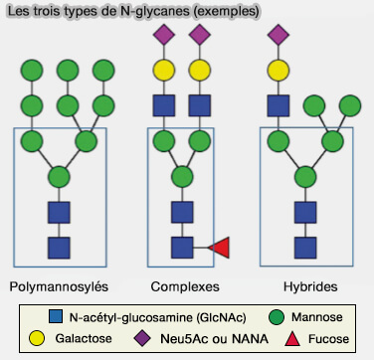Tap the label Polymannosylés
point(59,287)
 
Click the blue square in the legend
point(56,318)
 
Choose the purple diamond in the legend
point(140,341)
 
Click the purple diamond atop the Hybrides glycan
point(278,36)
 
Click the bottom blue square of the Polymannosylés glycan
point(59,246)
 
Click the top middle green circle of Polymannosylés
point(68,71)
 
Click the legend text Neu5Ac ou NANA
point(204,341)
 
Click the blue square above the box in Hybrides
point(278,105)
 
